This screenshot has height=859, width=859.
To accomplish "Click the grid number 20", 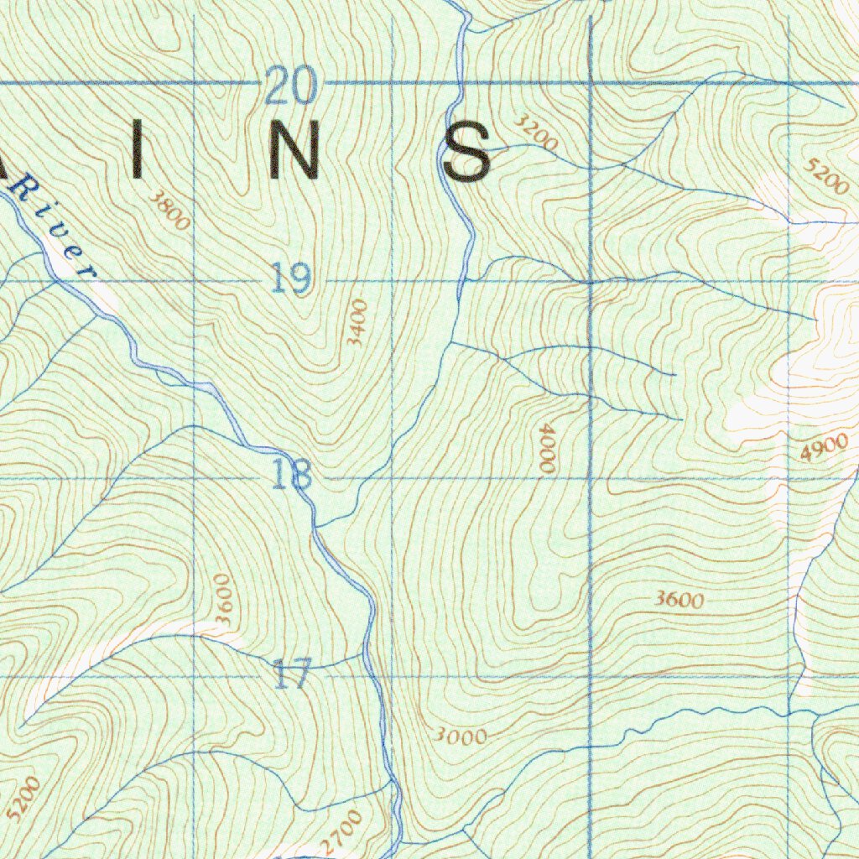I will [291, 86].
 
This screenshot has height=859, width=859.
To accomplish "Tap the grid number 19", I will [291, 278].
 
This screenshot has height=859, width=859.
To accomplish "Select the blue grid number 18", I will [292, 475].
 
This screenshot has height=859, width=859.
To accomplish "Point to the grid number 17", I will [293, 674].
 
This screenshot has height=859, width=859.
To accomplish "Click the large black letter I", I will [138, 151].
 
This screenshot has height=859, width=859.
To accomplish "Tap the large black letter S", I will [466, 152].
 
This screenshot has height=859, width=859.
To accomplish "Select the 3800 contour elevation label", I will [171, 209].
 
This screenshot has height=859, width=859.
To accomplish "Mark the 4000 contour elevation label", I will [547, 449].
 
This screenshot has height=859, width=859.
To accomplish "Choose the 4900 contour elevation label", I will [824, 450].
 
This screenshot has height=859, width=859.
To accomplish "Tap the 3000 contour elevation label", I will [461, 737].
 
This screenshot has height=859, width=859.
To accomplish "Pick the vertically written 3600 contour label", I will [221, 598].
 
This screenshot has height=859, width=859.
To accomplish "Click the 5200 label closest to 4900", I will [824, 177].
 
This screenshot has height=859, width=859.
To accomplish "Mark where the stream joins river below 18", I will [316, 527].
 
